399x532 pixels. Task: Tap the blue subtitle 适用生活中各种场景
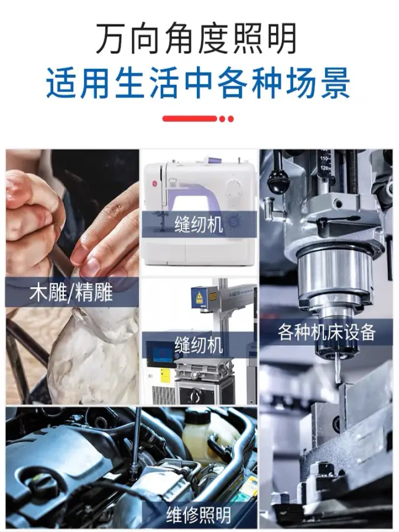click(x=198, y=83)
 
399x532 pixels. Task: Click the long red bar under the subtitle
click(x=189, y=119)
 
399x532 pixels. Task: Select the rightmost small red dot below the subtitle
click(x=231, y=119)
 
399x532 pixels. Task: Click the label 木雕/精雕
click(x=71, y=292)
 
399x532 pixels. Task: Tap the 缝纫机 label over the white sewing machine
click(x=199, y=224)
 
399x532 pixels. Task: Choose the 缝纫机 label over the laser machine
click(x=199, y=345)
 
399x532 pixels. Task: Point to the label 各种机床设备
click(x=327, y=332)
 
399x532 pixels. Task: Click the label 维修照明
click(x=199, y=515)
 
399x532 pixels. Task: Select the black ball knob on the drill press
click(x=278, y=184)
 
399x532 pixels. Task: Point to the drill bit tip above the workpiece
click(x=338, y=382)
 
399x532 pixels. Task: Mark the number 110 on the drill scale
click(x=324, y=158)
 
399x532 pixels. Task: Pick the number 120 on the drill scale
click(x=325, y=168)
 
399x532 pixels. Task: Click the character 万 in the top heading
click(x=112, y=38)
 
